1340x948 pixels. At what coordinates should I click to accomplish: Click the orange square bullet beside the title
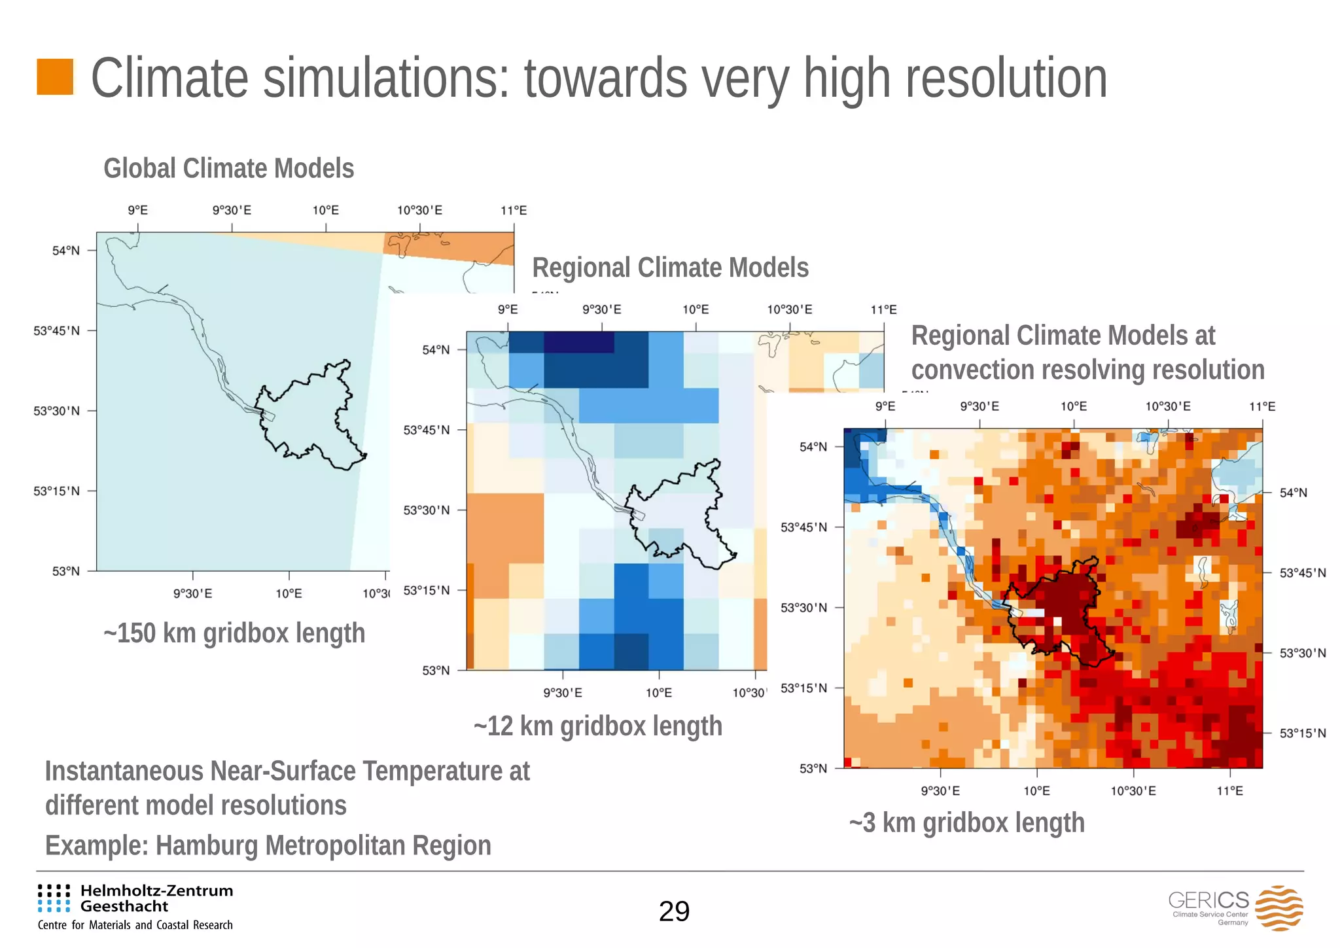click(x=55, y=77)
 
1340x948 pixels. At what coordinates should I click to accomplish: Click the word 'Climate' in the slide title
click(x=169, y=79)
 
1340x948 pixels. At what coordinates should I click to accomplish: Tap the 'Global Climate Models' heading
click(x=228, y=168)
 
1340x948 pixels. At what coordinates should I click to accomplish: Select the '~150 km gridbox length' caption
click(x=234, y=633)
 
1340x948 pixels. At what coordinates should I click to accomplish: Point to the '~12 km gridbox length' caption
click(x=598, y=726)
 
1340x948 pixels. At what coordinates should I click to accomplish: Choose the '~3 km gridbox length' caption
click(x=966, y=822)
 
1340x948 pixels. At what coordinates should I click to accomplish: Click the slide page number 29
click(x=674, y=911)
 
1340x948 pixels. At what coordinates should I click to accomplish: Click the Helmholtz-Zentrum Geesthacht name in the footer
click(x=156, y=898)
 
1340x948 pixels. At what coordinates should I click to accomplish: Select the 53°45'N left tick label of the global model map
click(x=57, y=331)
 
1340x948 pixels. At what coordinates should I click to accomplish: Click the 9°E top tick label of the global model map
click(x=137, y=211)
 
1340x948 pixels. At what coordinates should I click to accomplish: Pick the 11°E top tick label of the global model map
click(x=514, y=211)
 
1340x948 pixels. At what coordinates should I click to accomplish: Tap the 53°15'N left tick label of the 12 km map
click(x=427, y=590)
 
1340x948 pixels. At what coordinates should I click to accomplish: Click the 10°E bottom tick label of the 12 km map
click(x=658, y=693)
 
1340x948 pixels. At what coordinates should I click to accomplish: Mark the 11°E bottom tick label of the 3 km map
click(x=1229, y=791)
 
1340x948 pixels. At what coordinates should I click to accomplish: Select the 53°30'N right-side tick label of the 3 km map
click(x=1303, y=653)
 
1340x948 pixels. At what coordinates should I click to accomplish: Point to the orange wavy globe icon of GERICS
click(x=1278, y=907)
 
